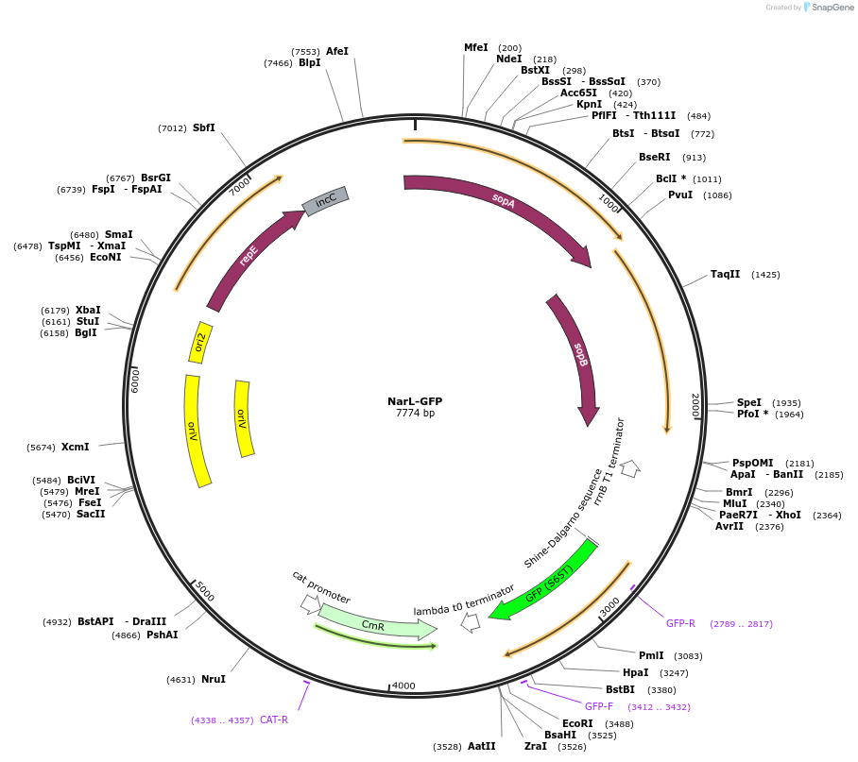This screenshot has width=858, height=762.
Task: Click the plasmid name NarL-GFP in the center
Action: pos(415,401)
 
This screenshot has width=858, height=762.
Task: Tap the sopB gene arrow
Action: pos(579,353)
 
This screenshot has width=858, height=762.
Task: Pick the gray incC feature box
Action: pos(325,200)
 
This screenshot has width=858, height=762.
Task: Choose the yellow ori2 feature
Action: pos(201,343)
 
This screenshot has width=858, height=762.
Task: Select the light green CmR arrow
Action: pos(373,623)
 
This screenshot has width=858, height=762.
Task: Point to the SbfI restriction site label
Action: pos(204,127)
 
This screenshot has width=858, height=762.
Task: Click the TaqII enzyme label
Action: pos(726,275)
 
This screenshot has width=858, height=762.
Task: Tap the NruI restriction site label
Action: pos(214,679)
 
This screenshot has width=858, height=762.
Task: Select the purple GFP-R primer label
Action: pos(680,624)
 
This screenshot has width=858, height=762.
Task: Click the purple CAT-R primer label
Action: pos(274,720)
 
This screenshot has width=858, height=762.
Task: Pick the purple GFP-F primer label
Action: pos(599,706)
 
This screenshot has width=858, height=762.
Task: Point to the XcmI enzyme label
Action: pos(76,448)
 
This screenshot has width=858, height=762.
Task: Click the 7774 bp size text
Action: pos(415,414)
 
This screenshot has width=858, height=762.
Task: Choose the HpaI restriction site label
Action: pos(635,673)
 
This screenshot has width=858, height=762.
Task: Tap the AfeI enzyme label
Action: pos(337,51)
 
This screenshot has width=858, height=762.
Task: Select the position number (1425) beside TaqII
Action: pos(765,275)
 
